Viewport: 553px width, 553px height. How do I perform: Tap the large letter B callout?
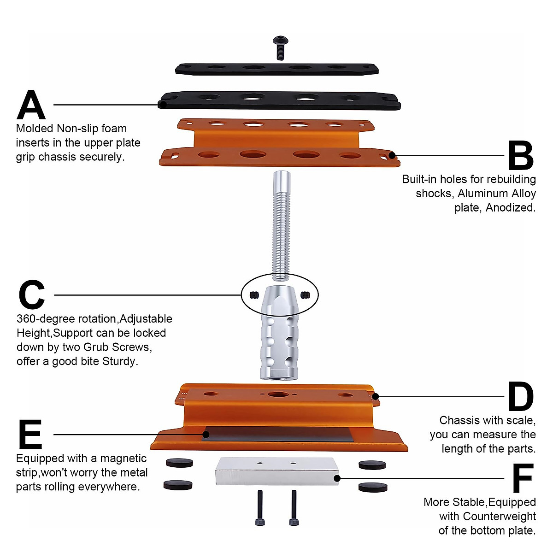coord(520,155)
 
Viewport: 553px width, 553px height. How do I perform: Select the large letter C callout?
coord(32,295)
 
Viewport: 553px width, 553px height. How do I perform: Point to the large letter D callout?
coord(520,396)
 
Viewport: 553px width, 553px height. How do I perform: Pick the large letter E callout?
coord(30,434)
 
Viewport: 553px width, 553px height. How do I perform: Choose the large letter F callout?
coord(523,478)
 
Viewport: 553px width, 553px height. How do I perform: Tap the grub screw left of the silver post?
coord(253,294)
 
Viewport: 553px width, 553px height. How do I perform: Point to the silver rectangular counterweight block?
coord(277,471)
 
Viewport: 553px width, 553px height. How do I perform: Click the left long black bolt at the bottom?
coord(259,508)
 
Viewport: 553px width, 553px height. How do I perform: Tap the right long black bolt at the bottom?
coord(294,508)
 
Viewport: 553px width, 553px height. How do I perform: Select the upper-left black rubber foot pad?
coord(179,463)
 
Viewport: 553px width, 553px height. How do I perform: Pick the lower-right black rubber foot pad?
coord(372,487)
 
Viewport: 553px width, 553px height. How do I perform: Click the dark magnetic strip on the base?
coord(276,434)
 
